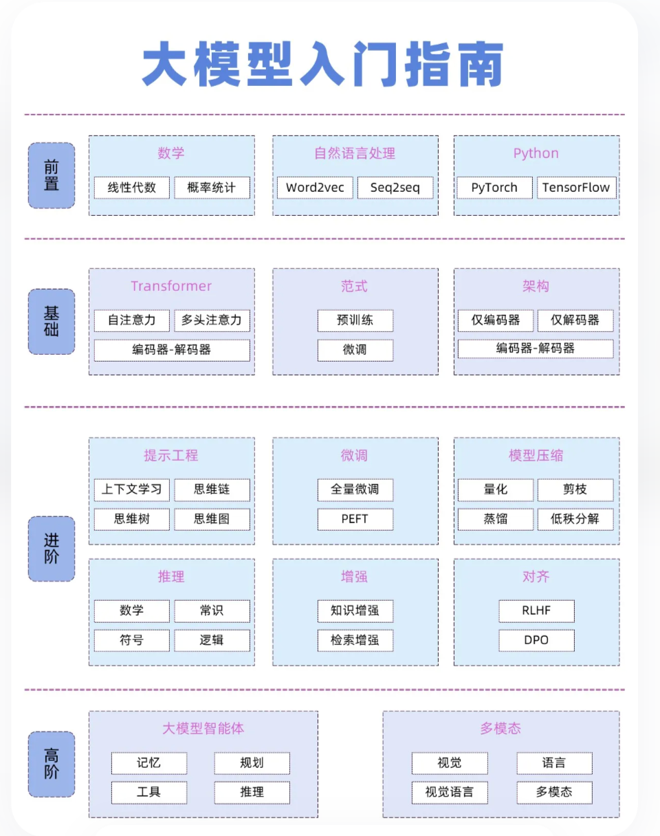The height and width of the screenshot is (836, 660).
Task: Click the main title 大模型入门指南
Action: [323, 65]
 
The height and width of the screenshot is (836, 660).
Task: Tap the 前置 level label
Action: [52, 175]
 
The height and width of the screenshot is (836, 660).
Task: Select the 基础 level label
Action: [52, 321]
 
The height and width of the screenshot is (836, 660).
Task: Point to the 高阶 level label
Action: [52, 764]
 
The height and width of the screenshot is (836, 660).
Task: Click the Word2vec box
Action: [315, 188]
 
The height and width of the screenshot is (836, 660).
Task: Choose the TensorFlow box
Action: [575, 188]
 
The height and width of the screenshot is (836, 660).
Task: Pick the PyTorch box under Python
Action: [494, 188]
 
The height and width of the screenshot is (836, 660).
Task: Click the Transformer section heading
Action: [171, 286]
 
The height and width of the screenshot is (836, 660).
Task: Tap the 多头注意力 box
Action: [212, 320]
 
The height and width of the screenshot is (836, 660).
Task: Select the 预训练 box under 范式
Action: [355, 320]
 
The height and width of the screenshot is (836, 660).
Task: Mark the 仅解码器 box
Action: [575, 320]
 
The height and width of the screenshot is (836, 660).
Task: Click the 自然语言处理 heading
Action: [355, 153]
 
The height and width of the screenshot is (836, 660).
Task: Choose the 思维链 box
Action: [212, 489]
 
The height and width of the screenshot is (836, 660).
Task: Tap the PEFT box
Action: [355, 519]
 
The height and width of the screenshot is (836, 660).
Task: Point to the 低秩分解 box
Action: [575, 519]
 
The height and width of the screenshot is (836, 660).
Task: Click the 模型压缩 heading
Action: [536, 455]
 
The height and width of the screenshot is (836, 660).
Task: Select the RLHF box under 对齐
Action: [536, 610]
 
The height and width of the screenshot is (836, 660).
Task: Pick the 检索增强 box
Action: [355, 640]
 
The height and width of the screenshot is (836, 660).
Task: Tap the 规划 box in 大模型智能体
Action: [252, 762]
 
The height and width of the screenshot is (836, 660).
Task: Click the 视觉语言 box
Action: [449, 792]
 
